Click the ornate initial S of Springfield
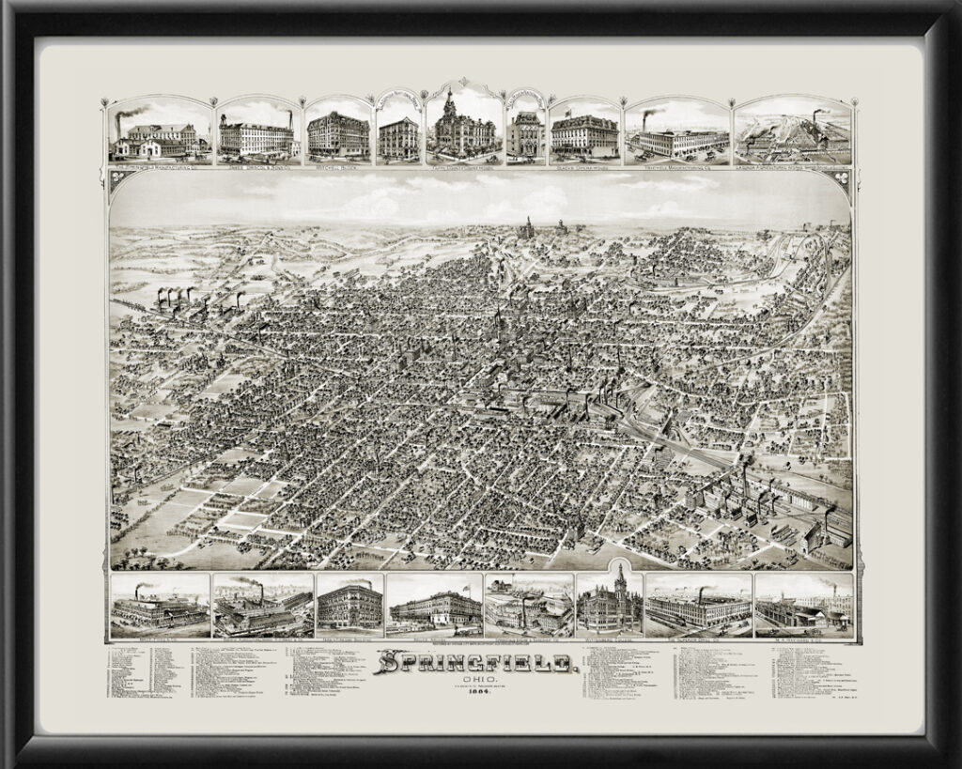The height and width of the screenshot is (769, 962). coord(386,665)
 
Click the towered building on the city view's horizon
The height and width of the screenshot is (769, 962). coord(525,228)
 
